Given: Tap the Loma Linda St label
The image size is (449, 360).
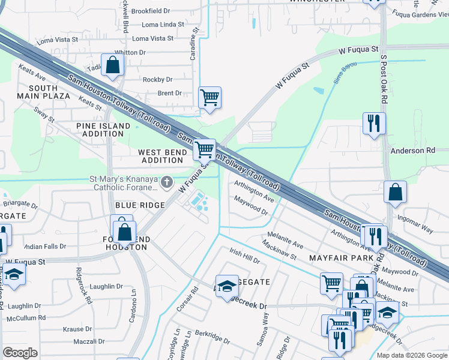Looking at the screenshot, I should click(163, 25).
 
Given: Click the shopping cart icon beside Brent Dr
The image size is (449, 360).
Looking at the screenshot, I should click(209, 97).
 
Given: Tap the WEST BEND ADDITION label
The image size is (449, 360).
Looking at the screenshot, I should click(163, 157).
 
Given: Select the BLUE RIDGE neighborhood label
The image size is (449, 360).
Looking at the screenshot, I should click(140, 205).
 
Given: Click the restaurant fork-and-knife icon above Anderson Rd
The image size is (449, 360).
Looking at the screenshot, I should click(373, 123).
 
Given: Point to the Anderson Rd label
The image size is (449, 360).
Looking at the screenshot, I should click(412, 151).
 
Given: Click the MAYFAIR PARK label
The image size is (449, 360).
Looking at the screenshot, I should click(337, 257).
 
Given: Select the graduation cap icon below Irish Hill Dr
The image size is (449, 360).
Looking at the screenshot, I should click(228, 287).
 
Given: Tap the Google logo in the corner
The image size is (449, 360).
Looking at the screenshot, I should click(20, 353).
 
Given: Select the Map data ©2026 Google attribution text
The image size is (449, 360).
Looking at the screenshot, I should click(412, 355).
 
